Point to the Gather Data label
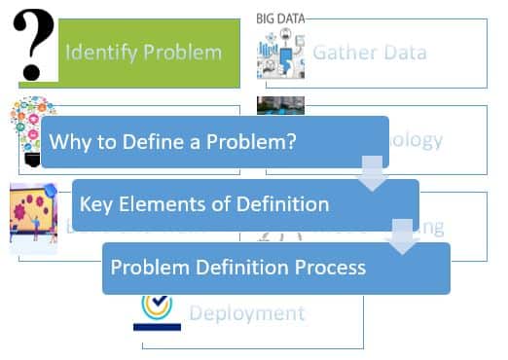369,52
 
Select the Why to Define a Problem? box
214,142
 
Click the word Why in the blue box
68,142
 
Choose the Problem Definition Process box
275,268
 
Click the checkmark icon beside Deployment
156,309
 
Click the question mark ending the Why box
317,142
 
